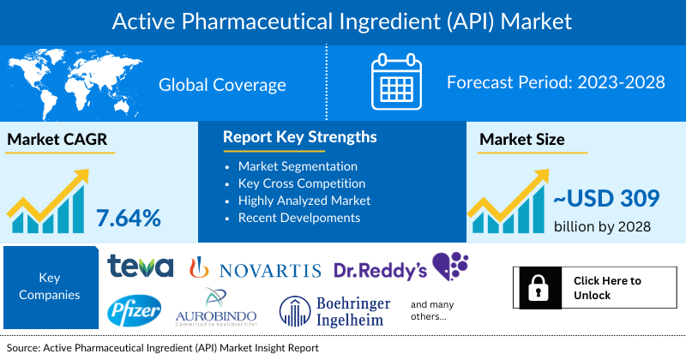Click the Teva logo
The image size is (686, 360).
[141, 267]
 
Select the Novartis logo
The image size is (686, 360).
[256, 270]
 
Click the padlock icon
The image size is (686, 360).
[538, 288]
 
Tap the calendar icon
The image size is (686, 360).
[398, 82]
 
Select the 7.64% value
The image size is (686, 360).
[129, 218]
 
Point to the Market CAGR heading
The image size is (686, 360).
[58, 141]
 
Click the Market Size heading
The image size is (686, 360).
[521, 141]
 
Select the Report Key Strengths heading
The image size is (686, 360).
[299, 137]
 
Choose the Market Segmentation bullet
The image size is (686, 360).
[298, 166]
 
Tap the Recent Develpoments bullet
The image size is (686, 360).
[298, 218]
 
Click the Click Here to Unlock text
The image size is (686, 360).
[606, 288]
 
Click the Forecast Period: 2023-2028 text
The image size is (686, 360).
[557, 84]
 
